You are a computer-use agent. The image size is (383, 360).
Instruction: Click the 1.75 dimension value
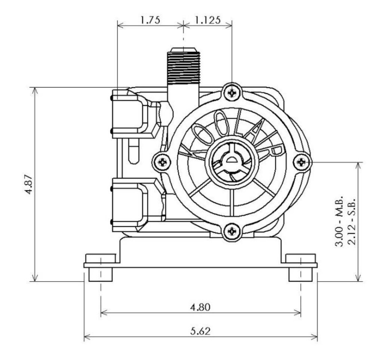[150, 20]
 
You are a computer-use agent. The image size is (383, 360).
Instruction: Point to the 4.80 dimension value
[200, 307]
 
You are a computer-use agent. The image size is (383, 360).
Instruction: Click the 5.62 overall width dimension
[200, 331]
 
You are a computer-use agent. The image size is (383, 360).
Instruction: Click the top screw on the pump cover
[232, 92]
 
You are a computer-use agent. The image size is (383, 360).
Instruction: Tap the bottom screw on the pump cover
[232, 231]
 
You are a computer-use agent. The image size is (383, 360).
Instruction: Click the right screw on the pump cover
[302, 162]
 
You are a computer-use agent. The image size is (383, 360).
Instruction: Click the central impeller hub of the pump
[232, 162]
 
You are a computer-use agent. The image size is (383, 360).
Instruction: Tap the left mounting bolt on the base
[100, 267]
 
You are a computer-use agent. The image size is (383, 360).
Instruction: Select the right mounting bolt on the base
[301, 267]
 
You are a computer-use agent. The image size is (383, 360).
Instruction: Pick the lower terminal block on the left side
[131, 205]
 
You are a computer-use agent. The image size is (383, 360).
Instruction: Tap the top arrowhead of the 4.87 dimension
[35, 90]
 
